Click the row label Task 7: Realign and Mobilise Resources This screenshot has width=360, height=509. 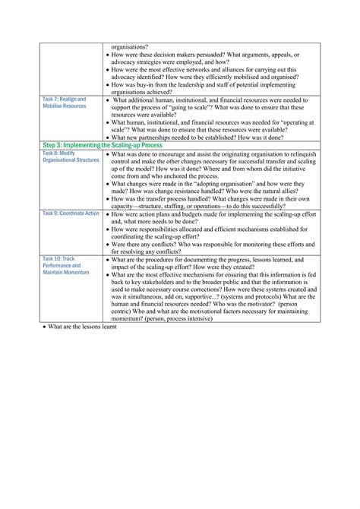(x=65, y=103)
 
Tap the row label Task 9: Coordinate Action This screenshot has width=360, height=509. (x=71, y=214)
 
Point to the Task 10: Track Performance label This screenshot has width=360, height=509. (x=65, y=265)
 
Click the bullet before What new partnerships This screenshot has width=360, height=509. (x=106, y=137)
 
